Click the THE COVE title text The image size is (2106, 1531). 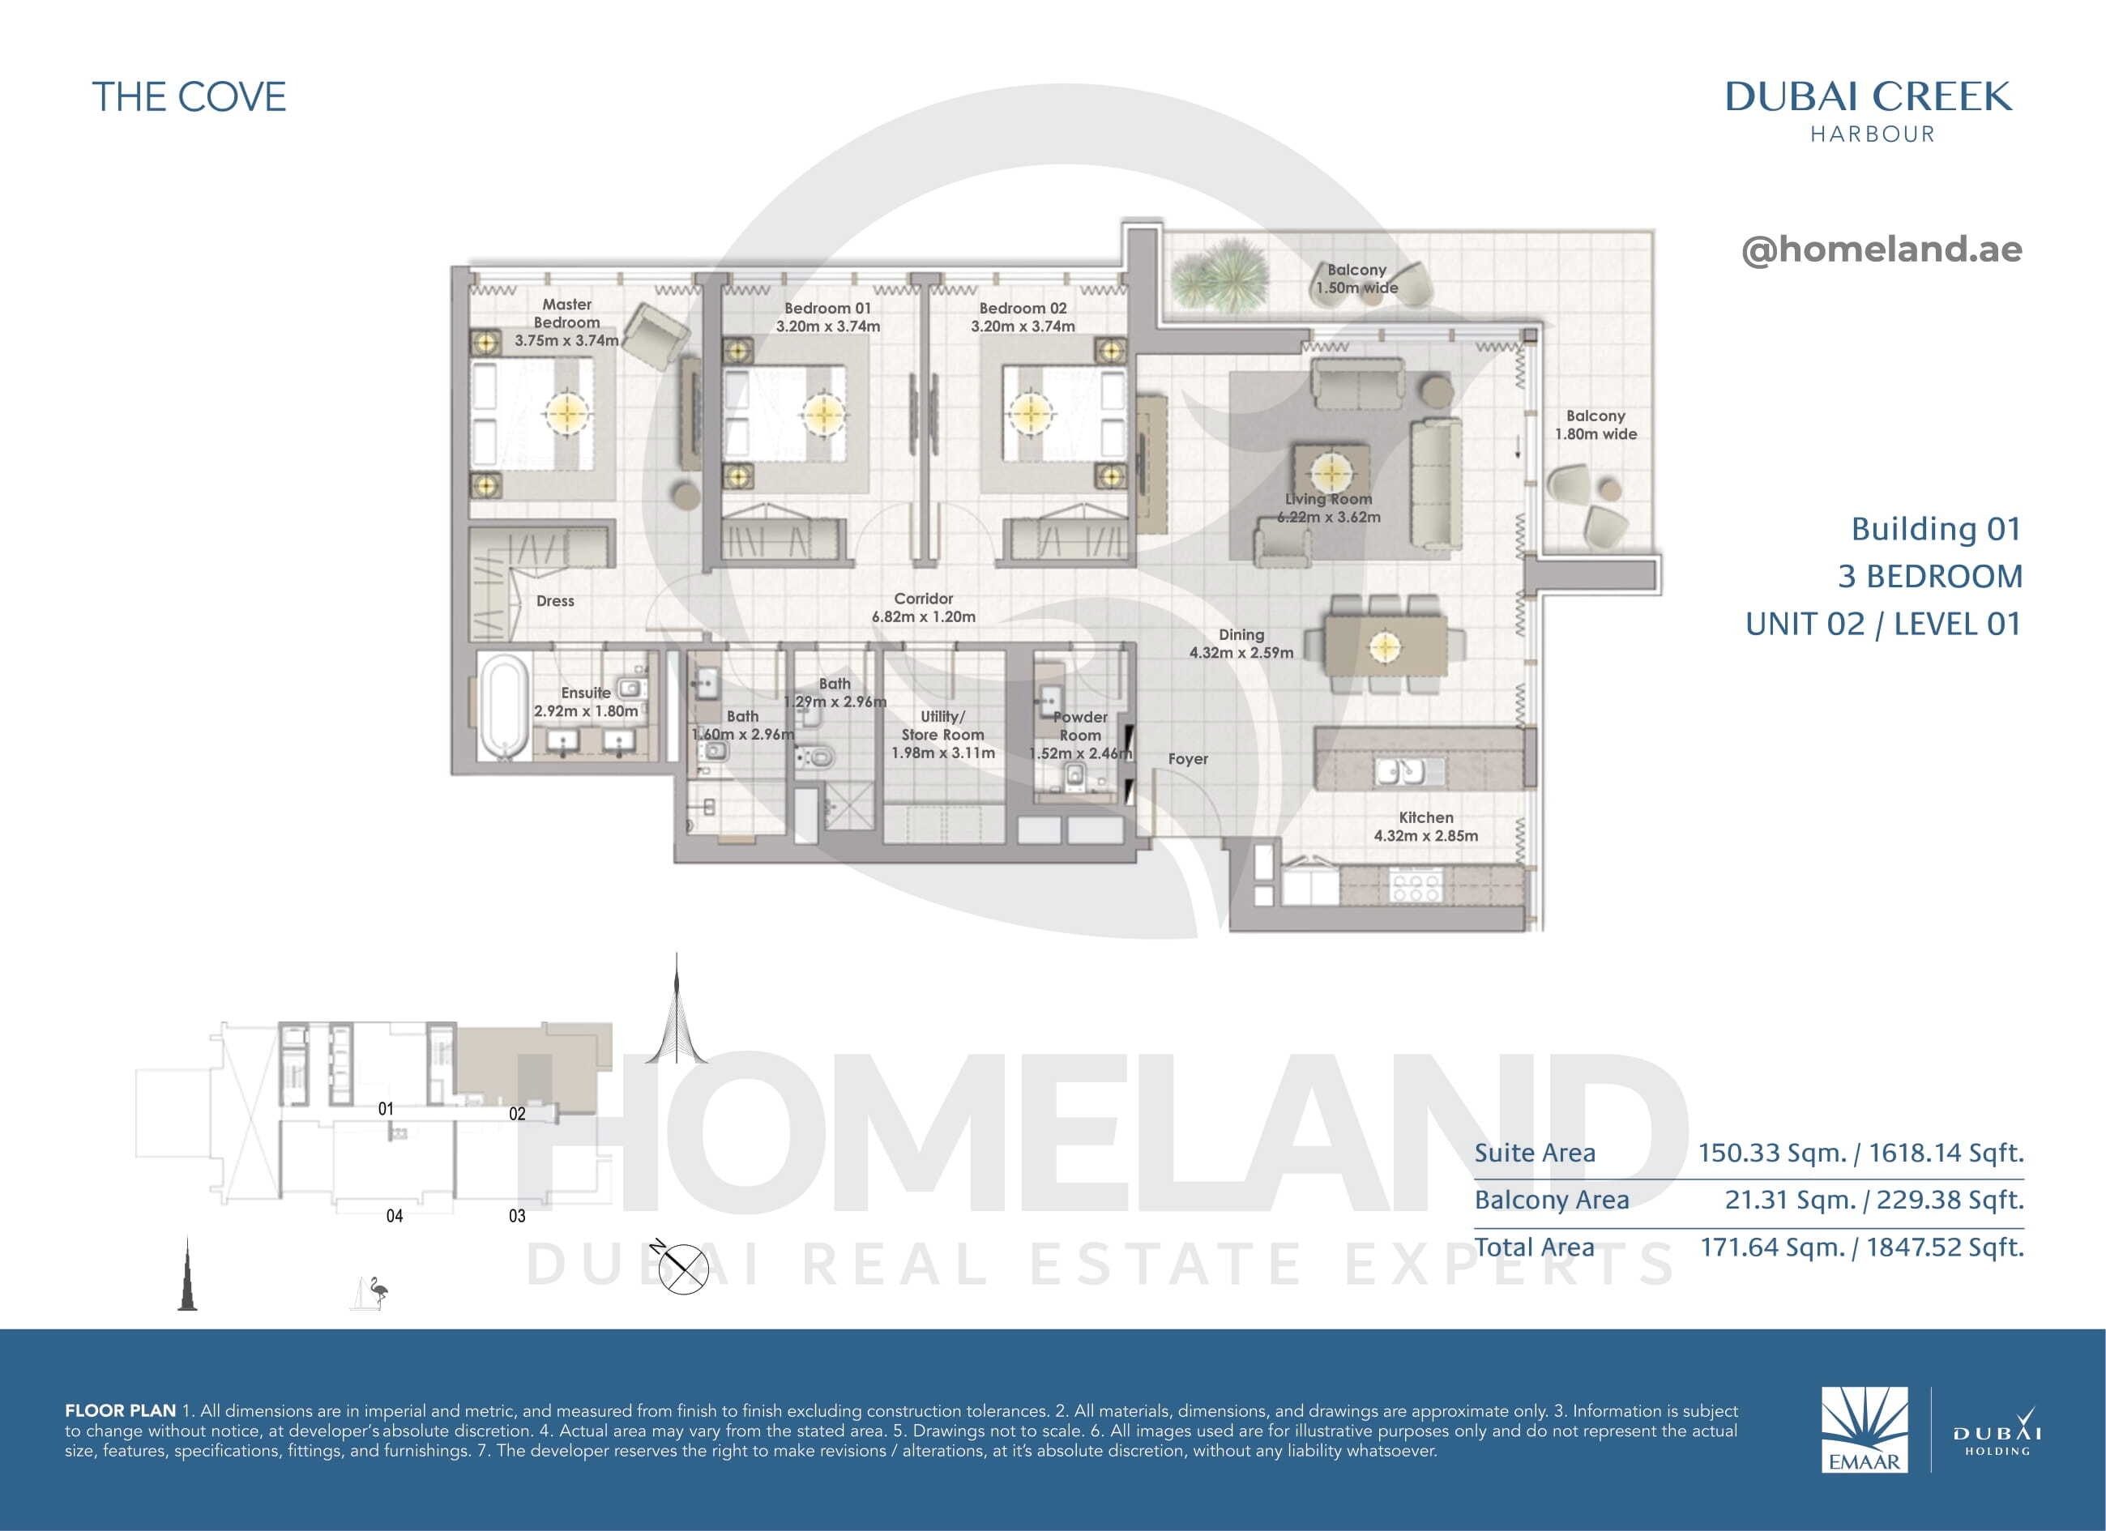tap(190, 97)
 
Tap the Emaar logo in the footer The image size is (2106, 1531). tap(1864, 1430)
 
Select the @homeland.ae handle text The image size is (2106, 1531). tap(1882, 249)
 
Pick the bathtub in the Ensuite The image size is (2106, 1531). tap(502, 707)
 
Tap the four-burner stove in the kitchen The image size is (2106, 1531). tap(1415, 885)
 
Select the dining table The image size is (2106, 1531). tap(1385, 644)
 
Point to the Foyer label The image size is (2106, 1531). tap(1188, 758)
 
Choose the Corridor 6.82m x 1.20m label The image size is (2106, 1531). tap(923, 608)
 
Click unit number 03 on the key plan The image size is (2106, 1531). tap(517, 1215)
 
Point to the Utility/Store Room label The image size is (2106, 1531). tap(942, 735)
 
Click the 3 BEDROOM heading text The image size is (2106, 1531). tap(1929, 576)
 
